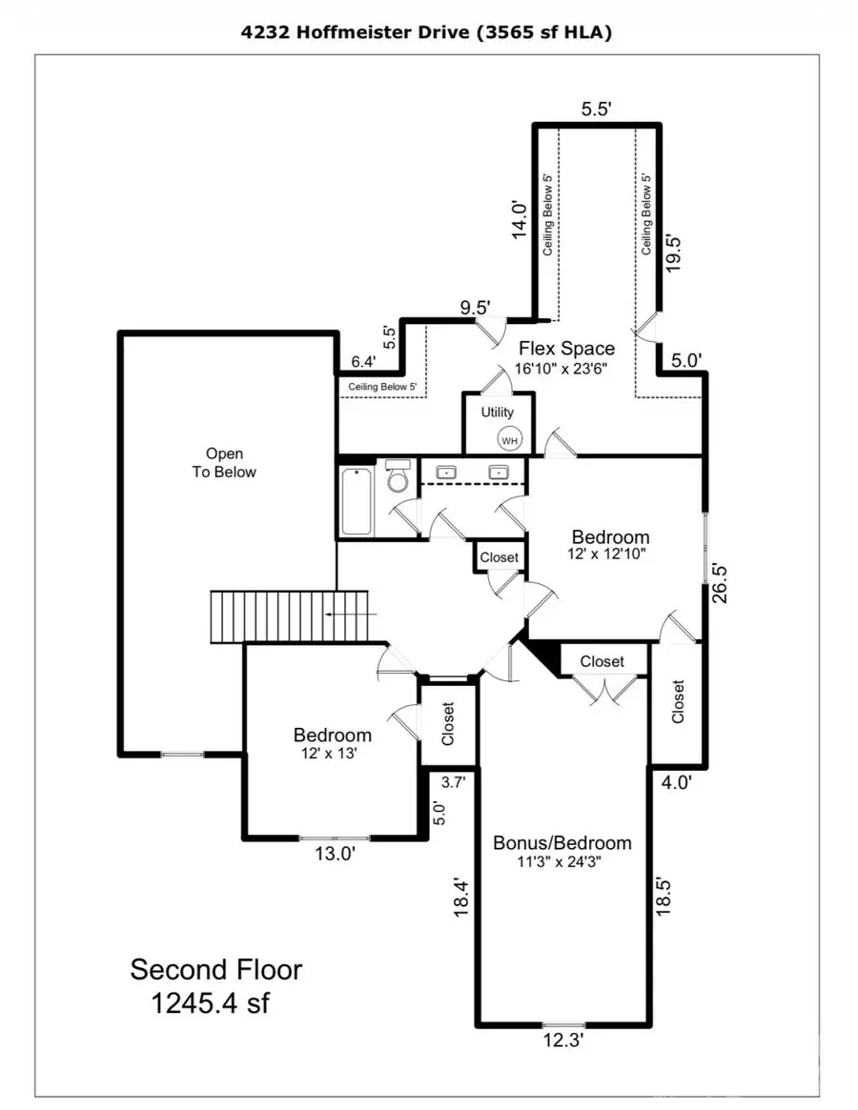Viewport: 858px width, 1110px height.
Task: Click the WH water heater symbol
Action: click(509, 439)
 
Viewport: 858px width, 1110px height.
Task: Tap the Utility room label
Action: click(497, 413)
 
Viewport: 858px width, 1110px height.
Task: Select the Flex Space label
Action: click(566, 349)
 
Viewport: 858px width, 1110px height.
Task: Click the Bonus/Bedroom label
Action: click(562, 843)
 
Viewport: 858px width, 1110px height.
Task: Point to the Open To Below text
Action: click(224, 462)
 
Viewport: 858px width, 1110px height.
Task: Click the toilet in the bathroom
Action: click(398, 478)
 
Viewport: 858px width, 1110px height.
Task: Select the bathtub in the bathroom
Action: click(357, 501)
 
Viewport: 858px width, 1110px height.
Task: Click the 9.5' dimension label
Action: click(475, 307)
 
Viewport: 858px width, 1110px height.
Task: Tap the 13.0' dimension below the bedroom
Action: click(336, 855)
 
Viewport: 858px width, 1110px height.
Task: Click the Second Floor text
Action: click(216, 970)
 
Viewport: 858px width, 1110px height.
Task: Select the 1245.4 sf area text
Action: click(215, 1002)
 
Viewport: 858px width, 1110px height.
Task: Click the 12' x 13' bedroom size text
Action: click(332, 753)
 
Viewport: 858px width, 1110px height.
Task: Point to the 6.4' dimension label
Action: click(363, 361)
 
